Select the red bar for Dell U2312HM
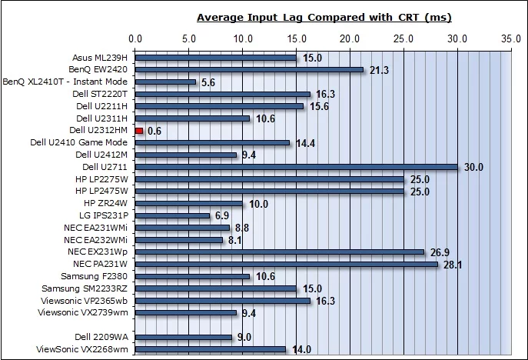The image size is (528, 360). (x=139, y=131)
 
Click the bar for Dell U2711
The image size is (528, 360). (x=297, y=167)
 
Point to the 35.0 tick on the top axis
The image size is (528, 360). (x=511, y=37)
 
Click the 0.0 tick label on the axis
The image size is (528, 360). (x=136, y=37)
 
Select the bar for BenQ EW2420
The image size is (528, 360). (x=250, y=70)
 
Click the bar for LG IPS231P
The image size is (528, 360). (x=173, y=215)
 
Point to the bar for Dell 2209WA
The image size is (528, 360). (x=184, y=337)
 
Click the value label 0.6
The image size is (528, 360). (x=154, y=131)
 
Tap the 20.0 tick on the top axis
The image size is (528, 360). (x=350, y=37)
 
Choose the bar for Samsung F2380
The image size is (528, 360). (x=193, y=276)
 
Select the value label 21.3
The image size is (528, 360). (x=379, y=70)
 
